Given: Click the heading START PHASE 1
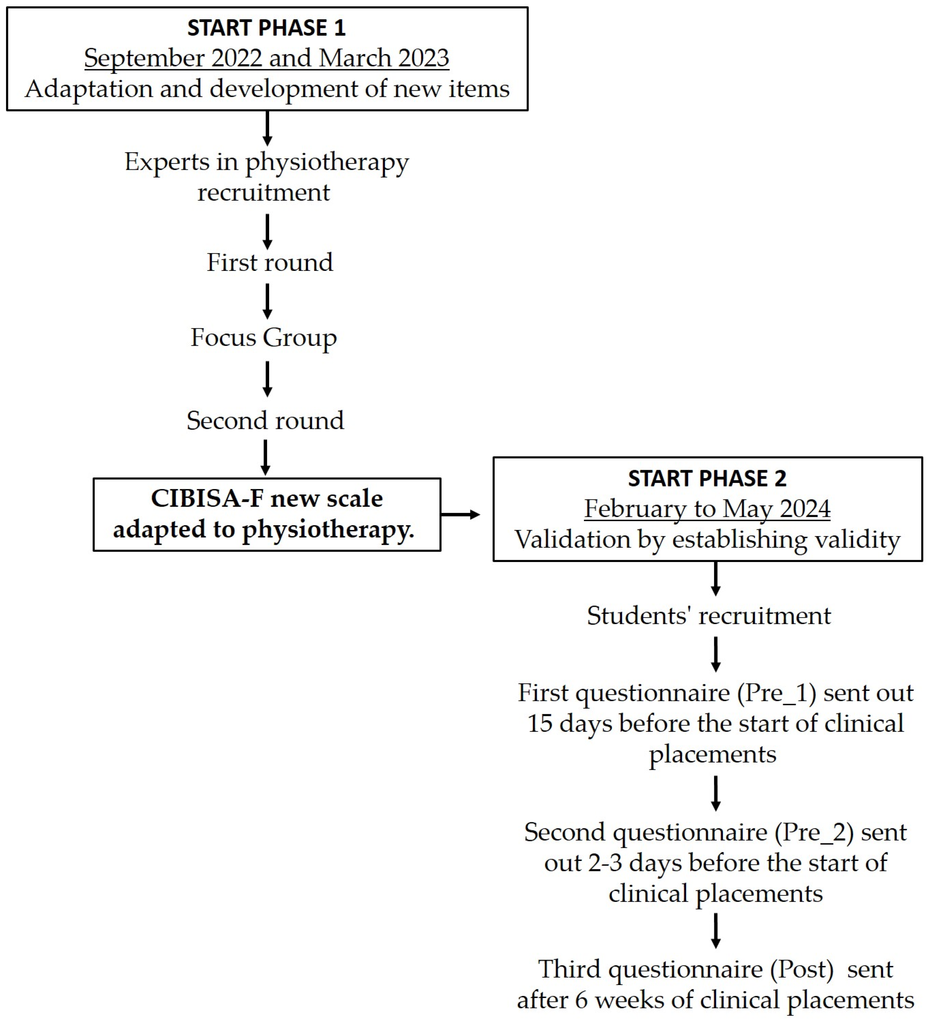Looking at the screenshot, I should point(266,28).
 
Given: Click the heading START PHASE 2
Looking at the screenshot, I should point(707,478).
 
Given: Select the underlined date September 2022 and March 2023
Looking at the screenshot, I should point(266,58).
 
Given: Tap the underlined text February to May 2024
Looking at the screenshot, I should point(707,509).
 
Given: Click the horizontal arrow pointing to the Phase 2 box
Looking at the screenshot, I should point(460,515).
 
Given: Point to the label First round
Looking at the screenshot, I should point(269,263).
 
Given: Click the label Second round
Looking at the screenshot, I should point(265,421).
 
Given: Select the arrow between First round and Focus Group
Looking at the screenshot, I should point(268,301).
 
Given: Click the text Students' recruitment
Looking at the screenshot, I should point(709,616).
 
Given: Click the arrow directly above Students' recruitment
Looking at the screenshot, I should point(716,579).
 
